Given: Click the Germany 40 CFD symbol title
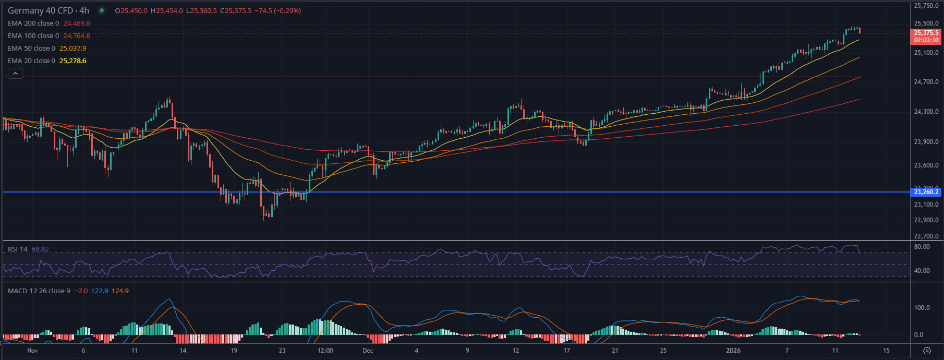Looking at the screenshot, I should (x=49, y=10).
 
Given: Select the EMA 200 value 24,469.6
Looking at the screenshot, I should (x=77, y=23).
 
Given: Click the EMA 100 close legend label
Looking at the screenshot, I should (x=33, y=36).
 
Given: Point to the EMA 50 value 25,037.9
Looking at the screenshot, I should (x=73, y=49).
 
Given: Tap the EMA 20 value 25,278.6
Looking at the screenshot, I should (x=73, y=61).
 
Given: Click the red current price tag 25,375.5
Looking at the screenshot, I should (x=926, y=32).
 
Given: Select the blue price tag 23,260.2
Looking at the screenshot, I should (x=926, y=192).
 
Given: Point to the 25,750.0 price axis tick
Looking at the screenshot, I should (x=926, y=6).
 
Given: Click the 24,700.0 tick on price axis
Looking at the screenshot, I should (x=926, y=82).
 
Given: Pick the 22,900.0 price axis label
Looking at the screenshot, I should (x=926, y=220).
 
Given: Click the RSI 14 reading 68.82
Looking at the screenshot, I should (x=40, y=249).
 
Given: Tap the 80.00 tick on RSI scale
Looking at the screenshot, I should (x=922, y=247).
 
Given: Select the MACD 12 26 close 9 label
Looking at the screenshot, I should (x=39, y=291).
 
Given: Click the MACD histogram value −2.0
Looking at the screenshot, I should (x=81, y=291).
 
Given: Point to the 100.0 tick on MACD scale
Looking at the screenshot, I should (x=922, y=308).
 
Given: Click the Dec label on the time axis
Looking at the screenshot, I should (x=368, y=351).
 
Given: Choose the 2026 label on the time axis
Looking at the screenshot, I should (x=733, y=351).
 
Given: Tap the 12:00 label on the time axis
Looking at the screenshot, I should (x=325, y=351).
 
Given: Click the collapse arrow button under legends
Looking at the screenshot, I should (x=15, y=74).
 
